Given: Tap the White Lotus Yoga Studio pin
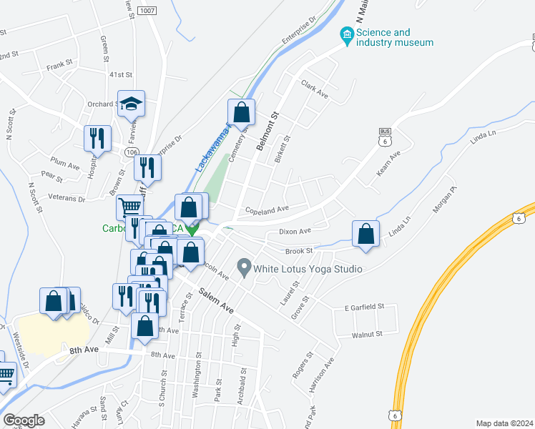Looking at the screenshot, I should [x=244, y=269].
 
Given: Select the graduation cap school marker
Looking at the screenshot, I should [x=132, y=104].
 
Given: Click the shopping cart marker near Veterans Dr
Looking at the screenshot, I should [x=129, y=207].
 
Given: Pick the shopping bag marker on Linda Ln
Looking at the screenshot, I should [x=365, y=233].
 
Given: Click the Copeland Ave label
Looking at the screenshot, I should [x=266, y=209].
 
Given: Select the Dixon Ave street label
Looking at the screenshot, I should [x=295, y=231].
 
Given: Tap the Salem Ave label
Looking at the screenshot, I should [x=217, y=300].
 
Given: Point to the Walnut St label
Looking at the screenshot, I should [x=367, y=334].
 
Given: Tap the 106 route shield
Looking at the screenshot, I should [x=130, y=152].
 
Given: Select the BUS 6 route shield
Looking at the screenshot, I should [x=385, y=137].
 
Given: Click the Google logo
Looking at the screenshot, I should [x=24, y=420].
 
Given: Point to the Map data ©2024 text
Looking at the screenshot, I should [x=504, y=423].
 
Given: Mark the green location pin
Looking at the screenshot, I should [x=191, y=230].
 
